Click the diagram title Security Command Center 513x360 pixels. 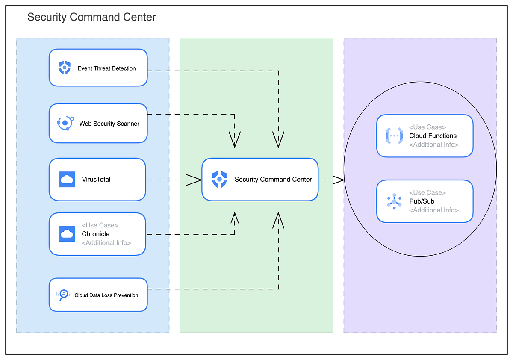91,17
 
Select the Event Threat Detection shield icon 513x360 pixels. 65,68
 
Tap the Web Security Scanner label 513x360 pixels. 109,124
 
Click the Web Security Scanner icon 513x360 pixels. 65,123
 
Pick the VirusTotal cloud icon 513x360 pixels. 67,180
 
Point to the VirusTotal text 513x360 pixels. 96,180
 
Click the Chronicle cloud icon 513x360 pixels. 67,234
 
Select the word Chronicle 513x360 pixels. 95,234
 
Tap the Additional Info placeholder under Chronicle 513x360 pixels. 106,243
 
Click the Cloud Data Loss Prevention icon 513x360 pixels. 63,295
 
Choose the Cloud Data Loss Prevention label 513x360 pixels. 106,295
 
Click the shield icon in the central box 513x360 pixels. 219,180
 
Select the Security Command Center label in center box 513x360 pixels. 273,180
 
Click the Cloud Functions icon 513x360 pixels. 394,136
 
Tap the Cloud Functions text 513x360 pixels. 433,136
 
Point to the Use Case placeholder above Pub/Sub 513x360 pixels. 427,192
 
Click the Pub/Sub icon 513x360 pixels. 394,201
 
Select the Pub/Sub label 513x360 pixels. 422,201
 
